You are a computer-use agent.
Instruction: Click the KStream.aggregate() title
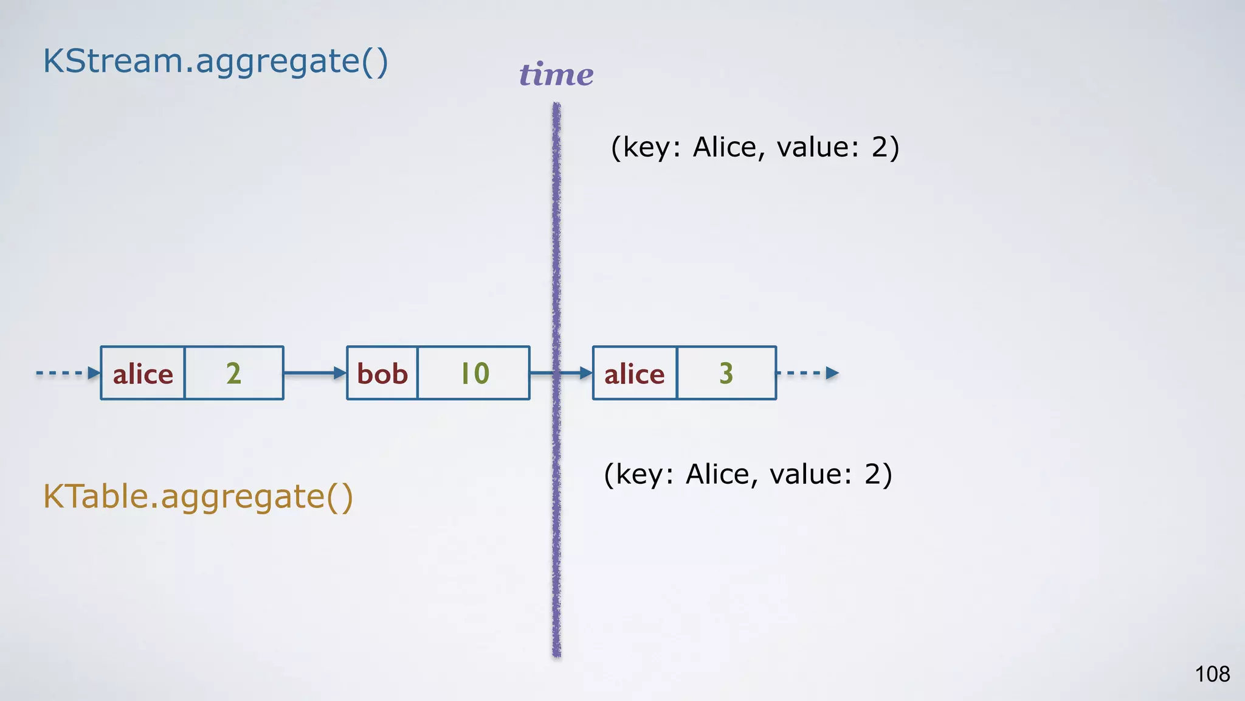coord(215,61)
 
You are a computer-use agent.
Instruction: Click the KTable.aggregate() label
coord(198,497)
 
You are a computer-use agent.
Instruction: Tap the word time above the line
coord(556,75)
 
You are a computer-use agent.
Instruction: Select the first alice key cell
coord(143,373)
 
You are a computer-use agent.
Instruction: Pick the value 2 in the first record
coord(234,373)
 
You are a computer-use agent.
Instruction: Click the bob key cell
coord(382,373)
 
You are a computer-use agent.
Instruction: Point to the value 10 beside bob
coord(474,373)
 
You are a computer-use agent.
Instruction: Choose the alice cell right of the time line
coord(635,373)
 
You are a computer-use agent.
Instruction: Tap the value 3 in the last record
coord(726,373)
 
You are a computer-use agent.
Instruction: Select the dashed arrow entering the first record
coord(67,373)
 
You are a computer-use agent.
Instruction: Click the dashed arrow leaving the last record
coord(809,373)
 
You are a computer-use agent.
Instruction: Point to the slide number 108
coord(1212,674)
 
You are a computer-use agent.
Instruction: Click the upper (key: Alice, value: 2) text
coord(755,147)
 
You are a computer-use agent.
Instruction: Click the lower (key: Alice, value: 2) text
coord(748,475)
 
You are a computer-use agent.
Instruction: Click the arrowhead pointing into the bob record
coord(340,373)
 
